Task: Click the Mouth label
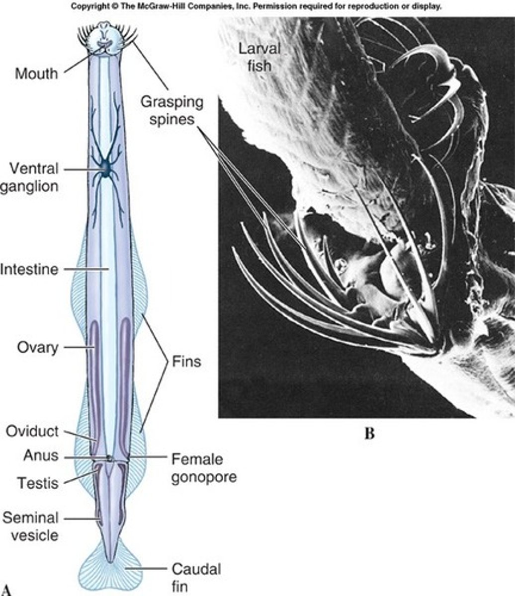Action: pyautogui.click(x=36, y=74)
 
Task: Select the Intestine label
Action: pyautogui.click(x=29, y=270)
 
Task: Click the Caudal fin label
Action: pyautogui.click(x=196, y=577)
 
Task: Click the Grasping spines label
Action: pyautogui.click(x=172, y=111)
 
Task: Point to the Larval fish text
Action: pyautogui.click(x=259, y=57)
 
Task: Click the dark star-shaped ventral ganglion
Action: pyautogui.click(x=106, y=170)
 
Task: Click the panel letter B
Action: pyautogui.click(x=369, y=433)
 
